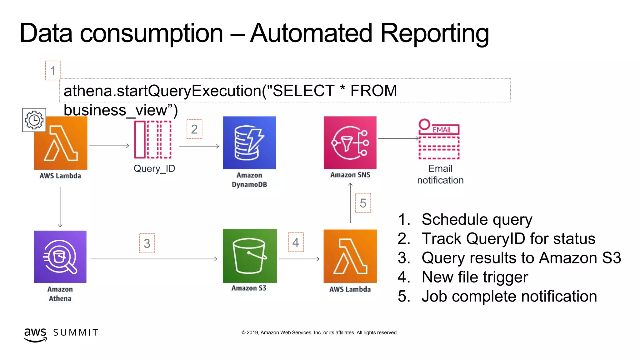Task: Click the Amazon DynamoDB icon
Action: point(249,143)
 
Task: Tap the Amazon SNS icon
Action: point(350,143)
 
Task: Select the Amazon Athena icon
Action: point(60,257)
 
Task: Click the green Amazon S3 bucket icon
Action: point(250,256)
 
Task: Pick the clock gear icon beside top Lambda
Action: point(34,120)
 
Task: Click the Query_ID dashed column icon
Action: point(153,140)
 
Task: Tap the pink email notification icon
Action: point(439,139)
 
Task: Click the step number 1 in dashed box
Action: point(53,71)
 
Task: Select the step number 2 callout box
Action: point(194,129)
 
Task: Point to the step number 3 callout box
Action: point(147,243)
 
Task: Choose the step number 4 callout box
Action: point(296,242)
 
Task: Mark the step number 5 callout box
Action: point(363,203)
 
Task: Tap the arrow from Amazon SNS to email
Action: point(398,138)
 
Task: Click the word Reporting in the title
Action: point(434,33)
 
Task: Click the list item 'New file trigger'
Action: point(474,277)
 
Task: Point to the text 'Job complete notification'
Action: point(509,296)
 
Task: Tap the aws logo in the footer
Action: point(35,334)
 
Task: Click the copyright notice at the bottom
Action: point(319,332)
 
